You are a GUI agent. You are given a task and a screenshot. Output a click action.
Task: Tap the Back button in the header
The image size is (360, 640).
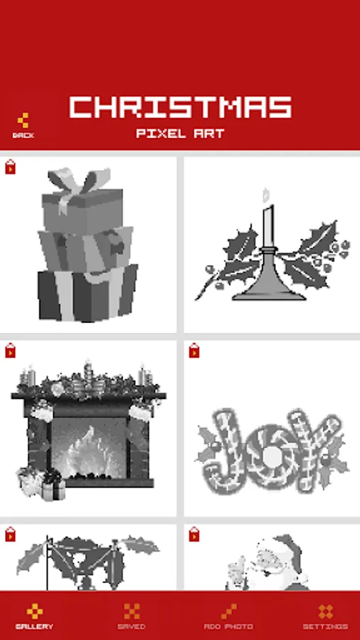click(23, 126)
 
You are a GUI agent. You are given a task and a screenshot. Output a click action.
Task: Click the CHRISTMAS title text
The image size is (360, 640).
click(181, 107)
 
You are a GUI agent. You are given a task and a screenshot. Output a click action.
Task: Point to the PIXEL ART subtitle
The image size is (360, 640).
click(181, 134)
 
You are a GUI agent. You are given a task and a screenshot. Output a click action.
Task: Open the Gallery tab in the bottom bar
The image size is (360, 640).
click(34, 616)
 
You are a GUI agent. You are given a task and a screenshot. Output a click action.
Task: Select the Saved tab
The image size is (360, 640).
click(132, 616)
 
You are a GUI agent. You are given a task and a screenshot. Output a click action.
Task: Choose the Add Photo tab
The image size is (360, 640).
click(228, 616)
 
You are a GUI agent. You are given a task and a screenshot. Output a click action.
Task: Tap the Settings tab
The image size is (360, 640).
click(325, 616)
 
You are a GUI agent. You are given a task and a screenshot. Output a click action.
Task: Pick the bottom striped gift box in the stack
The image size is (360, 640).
click(88, 293)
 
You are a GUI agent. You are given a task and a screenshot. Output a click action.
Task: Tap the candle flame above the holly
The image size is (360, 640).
click(266, 195)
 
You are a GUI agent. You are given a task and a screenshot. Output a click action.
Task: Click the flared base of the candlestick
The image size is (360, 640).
click(269, 282)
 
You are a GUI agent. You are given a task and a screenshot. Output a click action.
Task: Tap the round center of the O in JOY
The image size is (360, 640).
click(270, 458)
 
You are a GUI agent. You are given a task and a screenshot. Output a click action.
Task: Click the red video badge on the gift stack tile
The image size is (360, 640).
click(10, 167)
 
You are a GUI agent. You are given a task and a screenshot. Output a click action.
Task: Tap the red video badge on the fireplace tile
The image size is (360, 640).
click(10, 351)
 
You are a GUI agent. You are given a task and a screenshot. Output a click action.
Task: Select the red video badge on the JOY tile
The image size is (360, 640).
click(194, 351)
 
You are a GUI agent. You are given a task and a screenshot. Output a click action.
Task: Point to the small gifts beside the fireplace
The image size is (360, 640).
click(41, 484)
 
